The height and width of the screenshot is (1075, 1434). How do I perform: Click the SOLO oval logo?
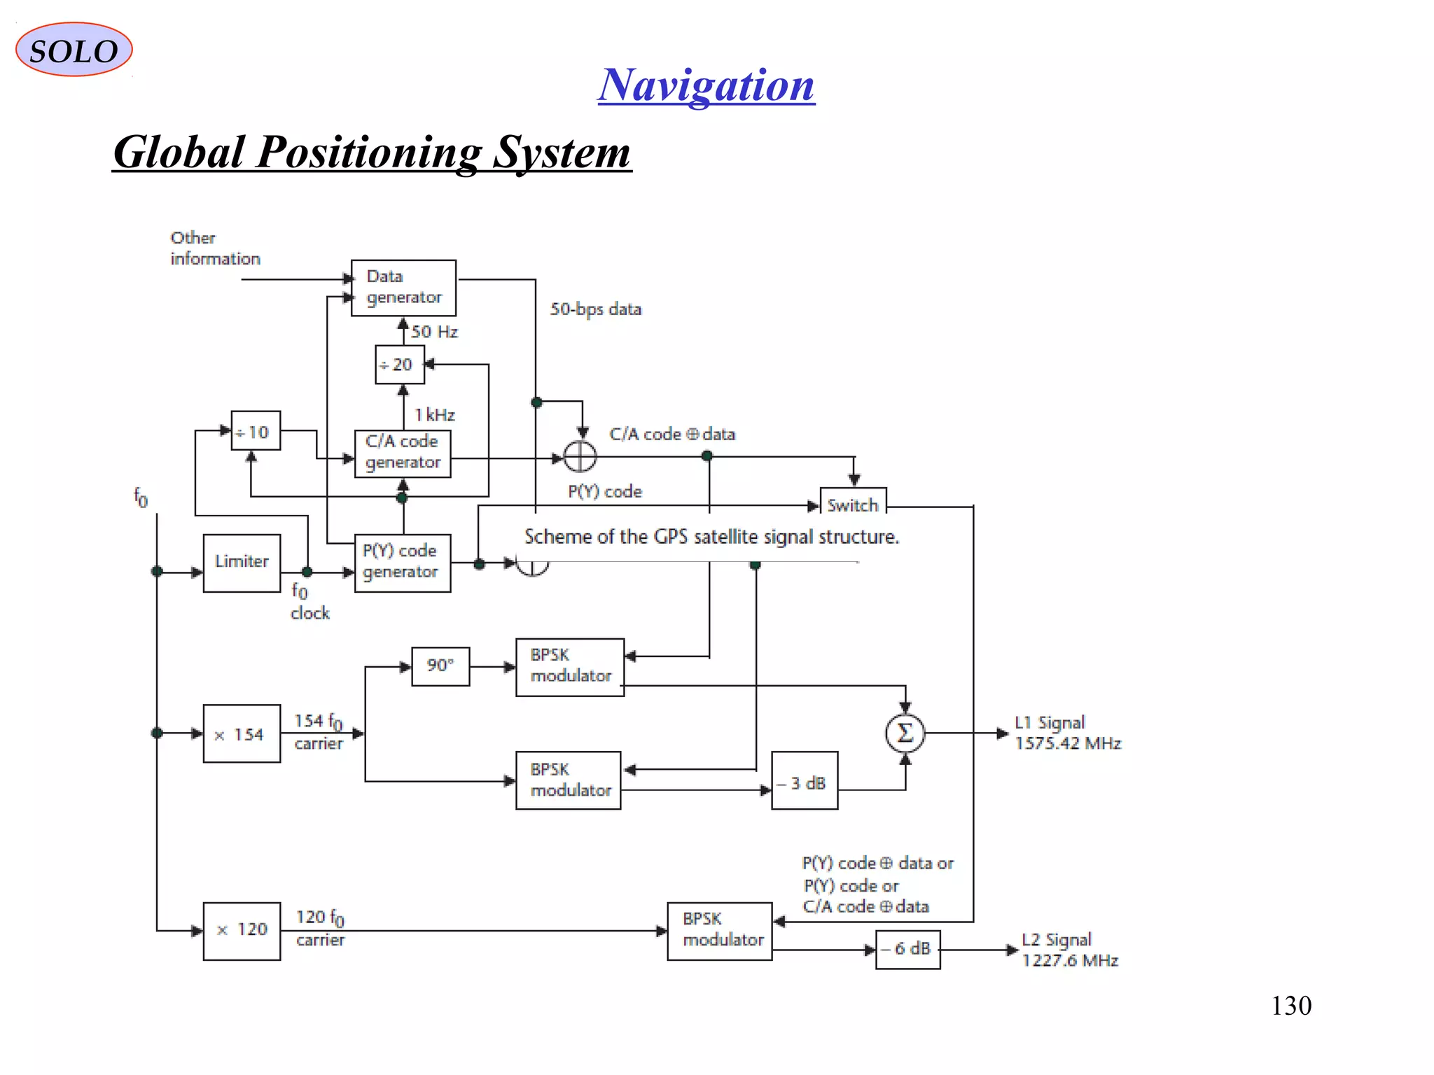[x=74, y=50]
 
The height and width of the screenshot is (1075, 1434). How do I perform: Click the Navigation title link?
[x=706, y=85]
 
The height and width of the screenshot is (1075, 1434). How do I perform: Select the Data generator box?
[x=403, y=288]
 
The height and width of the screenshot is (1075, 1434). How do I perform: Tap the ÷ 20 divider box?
[x=399, y=365]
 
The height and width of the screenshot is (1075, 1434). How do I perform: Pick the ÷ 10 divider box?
[x=256, y=431]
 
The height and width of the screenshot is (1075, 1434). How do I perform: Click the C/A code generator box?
[x=403, y=453]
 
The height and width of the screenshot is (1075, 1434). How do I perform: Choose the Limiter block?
[x=242, y=563]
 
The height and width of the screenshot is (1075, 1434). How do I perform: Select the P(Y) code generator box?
[x=403, y=563]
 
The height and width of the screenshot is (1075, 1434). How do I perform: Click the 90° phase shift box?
[x=440, y=666]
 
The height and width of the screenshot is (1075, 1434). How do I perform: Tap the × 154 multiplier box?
[x=242, y=733]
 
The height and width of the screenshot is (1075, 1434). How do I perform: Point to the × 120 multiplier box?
[x=242, y=931]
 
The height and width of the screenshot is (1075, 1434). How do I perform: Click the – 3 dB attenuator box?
[x=805, y=781]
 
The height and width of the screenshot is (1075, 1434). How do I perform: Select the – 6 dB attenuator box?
[x=907, y=949]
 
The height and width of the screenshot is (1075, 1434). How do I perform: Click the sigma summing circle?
[x=905, y=733]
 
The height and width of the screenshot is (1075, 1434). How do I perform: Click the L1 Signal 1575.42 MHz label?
[x=1067, y=733]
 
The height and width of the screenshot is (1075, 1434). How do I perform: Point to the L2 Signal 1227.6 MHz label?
[x=1069, y=950]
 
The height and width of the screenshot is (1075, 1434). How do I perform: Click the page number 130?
[x=1290, y=1006]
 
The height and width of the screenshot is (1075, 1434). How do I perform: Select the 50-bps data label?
[x=595, y=309]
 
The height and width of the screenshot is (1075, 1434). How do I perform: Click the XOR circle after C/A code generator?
[x=580, y=457]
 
